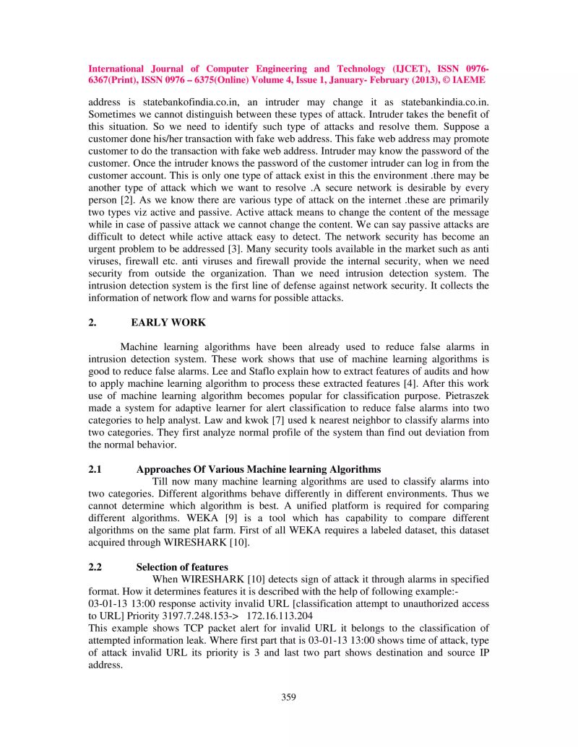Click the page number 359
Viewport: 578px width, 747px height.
pyautogui.click(x=289, y=696)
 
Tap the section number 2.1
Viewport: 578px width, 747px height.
pyautogui.click(x=95, y=469)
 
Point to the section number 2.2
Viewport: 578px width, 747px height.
pyautogui.click(x=95, y=567)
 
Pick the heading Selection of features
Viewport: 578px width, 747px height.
pyautogui.click(x=182, y=567)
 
